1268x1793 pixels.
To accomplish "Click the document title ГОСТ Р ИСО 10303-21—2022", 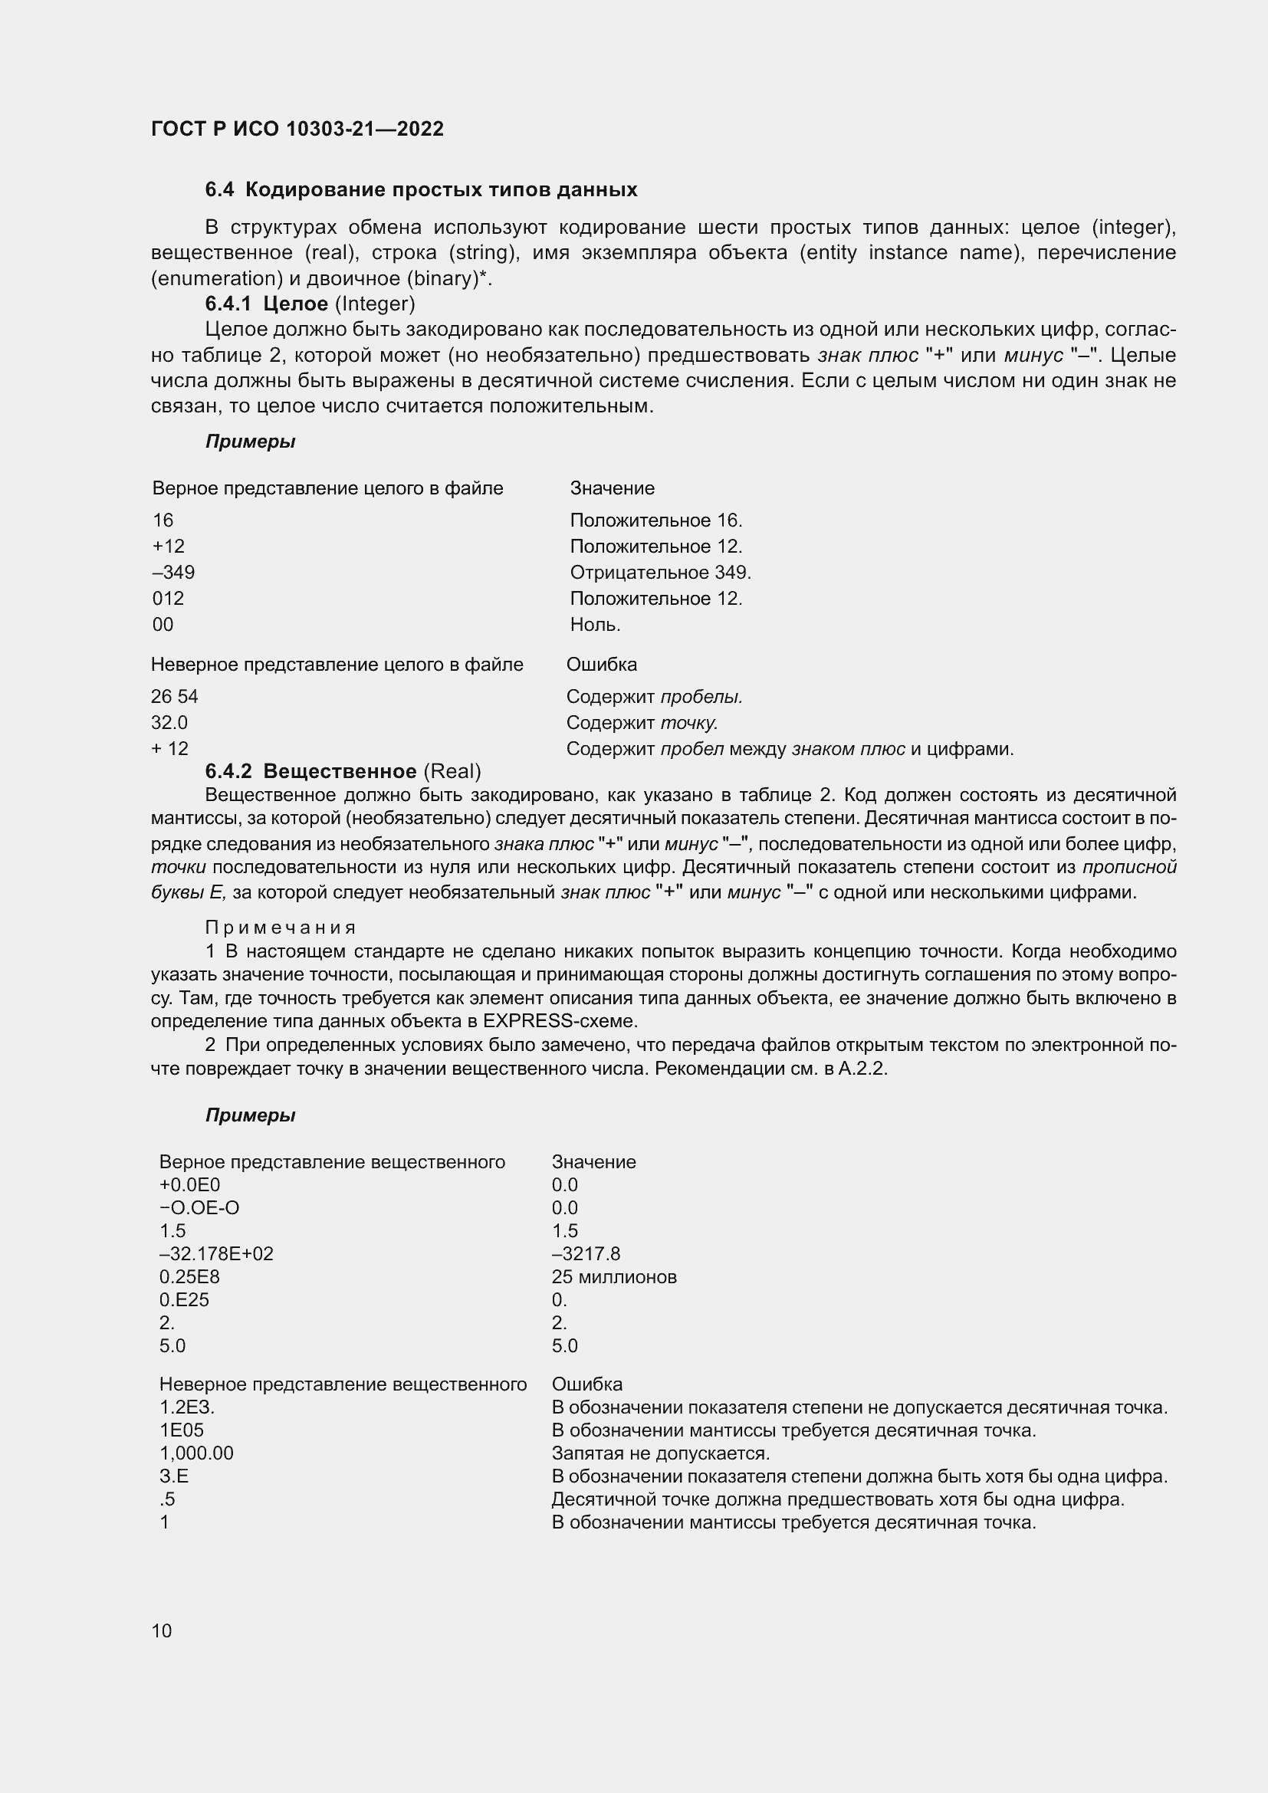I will click(297, 129).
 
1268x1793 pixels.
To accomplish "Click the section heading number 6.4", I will click(219, 190).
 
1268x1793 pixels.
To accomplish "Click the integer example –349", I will click(173, 573).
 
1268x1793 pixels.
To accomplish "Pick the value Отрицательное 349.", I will click(660, 573).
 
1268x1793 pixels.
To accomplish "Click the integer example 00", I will click(163, 625).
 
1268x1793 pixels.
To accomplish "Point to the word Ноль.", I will click(595, 625).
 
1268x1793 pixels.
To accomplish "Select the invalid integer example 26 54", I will click(174, 697).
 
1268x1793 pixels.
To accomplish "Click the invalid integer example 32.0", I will click(169, 722).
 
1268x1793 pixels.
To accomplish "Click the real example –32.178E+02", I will click(216, 1254).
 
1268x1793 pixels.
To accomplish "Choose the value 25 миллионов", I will click(614, 1278).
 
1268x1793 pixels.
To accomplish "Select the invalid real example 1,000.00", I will click(196, 1453).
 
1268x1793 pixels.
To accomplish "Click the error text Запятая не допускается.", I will click(661, 1453).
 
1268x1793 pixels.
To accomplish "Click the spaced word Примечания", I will click(281, 928).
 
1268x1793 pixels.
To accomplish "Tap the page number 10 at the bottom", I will click(162, 1630).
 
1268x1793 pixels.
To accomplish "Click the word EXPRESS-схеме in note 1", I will click(560, 1020).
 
